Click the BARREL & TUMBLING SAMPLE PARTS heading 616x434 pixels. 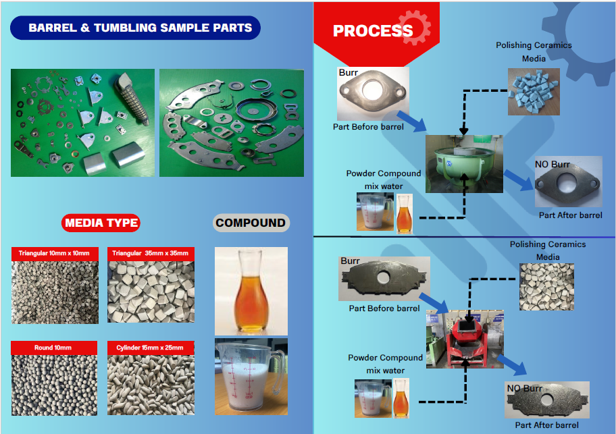point(140,28)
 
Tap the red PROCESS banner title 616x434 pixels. point(373,30)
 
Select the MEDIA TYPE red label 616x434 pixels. point(101,223)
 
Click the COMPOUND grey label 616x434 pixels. point(251,223)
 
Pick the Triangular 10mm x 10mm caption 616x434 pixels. point(55,253)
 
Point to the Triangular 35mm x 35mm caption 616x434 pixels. point(151,253)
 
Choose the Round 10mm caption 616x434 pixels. point(55,348)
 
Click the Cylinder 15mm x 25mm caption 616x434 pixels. point(151,348)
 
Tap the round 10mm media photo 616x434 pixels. point(55,385)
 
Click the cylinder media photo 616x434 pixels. point(151,385)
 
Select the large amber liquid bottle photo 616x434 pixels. point(251,290)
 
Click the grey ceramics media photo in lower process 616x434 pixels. point(547,286)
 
